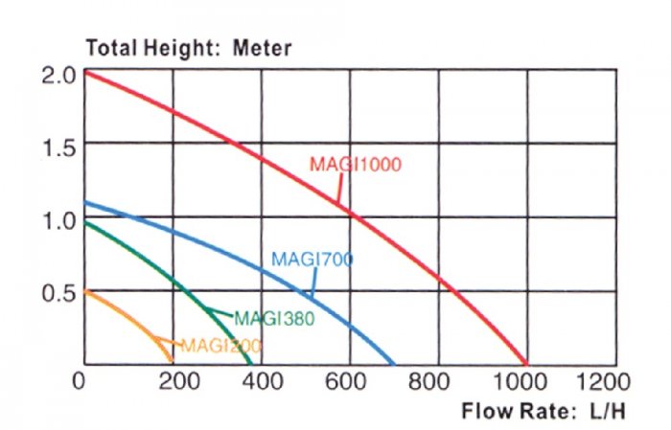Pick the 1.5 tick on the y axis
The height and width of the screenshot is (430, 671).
[58, 146]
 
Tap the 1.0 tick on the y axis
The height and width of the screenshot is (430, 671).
[58, 218]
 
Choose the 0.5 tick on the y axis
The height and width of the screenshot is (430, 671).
[58, 292]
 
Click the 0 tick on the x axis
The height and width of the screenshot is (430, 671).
[81, 381]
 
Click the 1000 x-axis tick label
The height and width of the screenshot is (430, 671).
[527, 381]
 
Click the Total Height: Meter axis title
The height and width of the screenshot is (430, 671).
[189, 48]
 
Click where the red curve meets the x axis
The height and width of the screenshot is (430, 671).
[527, 364]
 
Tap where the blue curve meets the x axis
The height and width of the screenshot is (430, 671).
[394, 364]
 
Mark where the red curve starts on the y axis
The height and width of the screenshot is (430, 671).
[85, 72]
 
